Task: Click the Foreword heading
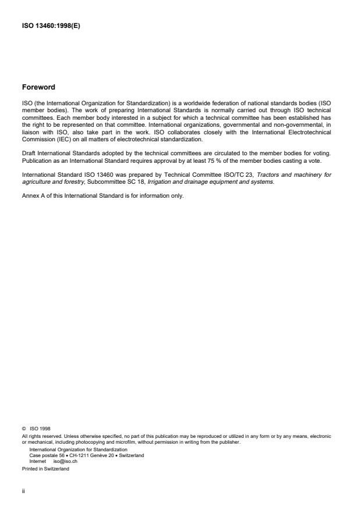click(38, 87)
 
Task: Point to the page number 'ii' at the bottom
click(23, 490)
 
